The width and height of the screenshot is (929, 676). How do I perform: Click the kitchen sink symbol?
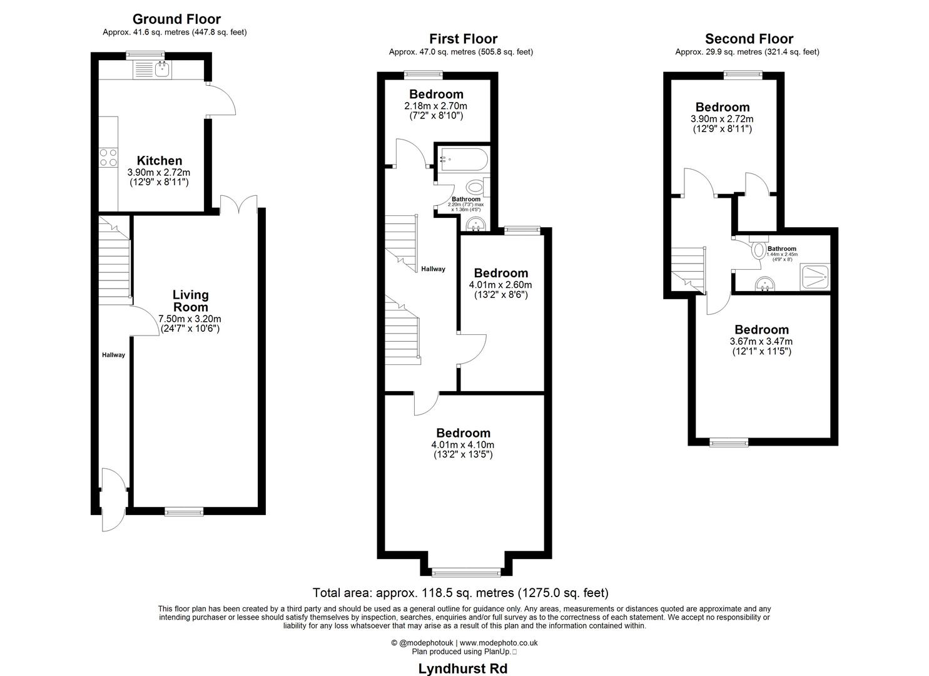click(x=161, y=69)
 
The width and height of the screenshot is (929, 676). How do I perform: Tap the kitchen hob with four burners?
click(x=108, y=157)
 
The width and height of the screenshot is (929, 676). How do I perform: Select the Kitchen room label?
click(x=160, y=161)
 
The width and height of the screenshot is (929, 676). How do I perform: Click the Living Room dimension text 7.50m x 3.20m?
click(x=191, y=318)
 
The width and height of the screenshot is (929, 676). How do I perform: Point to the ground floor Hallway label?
click(x=113, y=355)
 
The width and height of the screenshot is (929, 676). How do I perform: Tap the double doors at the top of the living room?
click(x=238, y=205)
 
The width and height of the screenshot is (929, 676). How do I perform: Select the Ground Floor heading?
click(x=176, y=19)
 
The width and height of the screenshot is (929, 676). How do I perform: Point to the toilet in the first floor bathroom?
click(x=475, y=186)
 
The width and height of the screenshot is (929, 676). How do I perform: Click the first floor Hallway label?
click(x=433, y=269)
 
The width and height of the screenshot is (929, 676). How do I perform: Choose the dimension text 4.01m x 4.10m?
click(x=463, y=444)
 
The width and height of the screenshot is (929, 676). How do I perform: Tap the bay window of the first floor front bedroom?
click(x=466, y=571)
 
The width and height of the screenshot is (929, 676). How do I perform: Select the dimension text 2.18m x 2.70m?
click(x=436, y=106)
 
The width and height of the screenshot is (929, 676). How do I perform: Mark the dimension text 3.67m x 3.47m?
click(x=761, y=341)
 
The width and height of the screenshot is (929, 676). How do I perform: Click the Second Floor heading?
click(x=749, y=39)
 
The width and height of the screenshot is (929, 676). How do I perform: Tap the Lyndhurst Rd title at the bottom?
click(x=462, y=668)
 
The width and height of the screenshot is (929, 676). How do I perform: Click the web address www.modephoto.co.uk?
click(x=499, y=642)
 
